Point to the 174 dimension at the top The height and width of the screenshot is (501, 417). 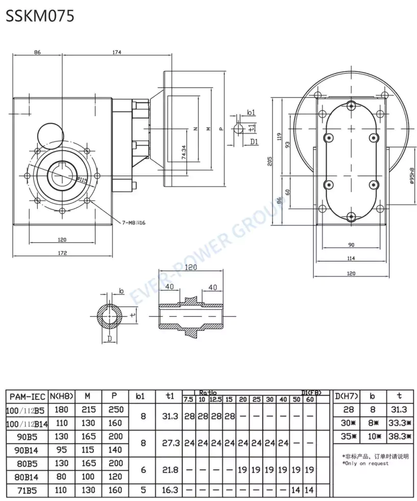(117, 52)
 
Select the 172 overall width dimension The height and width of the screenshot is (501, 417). (62, 252)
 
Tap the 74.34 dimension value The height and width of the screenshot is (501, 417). (184, 152)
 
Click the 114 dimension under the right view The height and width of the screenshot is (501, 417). (351, 258)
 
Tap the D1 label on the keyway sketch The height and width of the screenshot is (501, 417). (254, 141)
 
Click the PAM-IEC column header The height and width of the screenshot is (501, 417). (27, 396)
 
